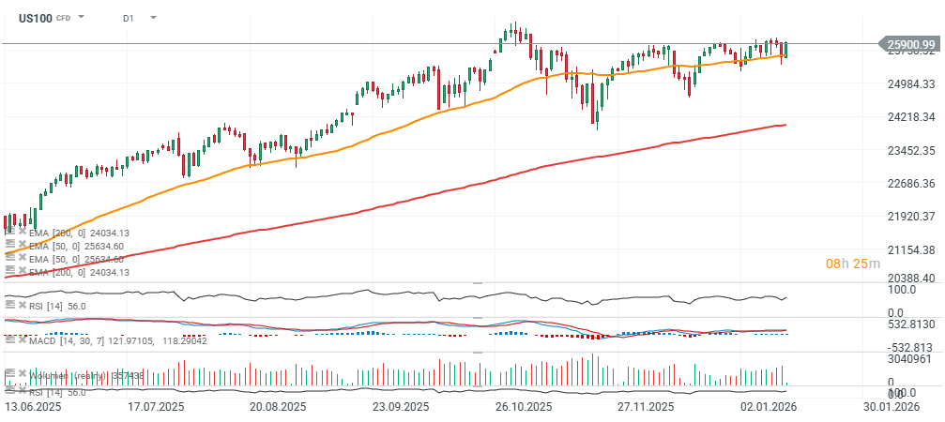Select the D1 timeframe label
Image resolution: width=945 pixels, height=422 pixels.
pyautogui.click(x=128, y=18)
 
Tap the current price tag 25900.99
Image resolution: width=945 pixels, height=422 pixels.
pyautogui.click(x=909, y=44)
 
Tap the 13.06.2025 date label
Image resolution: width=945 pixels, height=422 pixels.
pyautogui.click(x=33, y=408)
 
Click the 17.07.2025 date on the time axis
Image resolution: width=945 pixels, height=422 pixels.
pyautogui.click(x=157, y=408)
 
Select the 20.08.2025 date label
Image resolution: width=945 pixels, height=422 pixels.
pyautogui.click(x=279, y=408)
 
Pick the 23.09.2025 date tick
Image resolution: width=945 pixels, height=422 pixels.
pyautogui.click(x=401, y=408)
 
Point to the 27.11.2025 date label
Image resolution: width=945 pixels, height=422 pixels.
pyautogui.click(x=646, y=408)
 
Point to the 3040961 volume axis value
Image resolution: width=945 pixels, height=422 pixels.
pyautogui.click(x=908, y=358)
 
